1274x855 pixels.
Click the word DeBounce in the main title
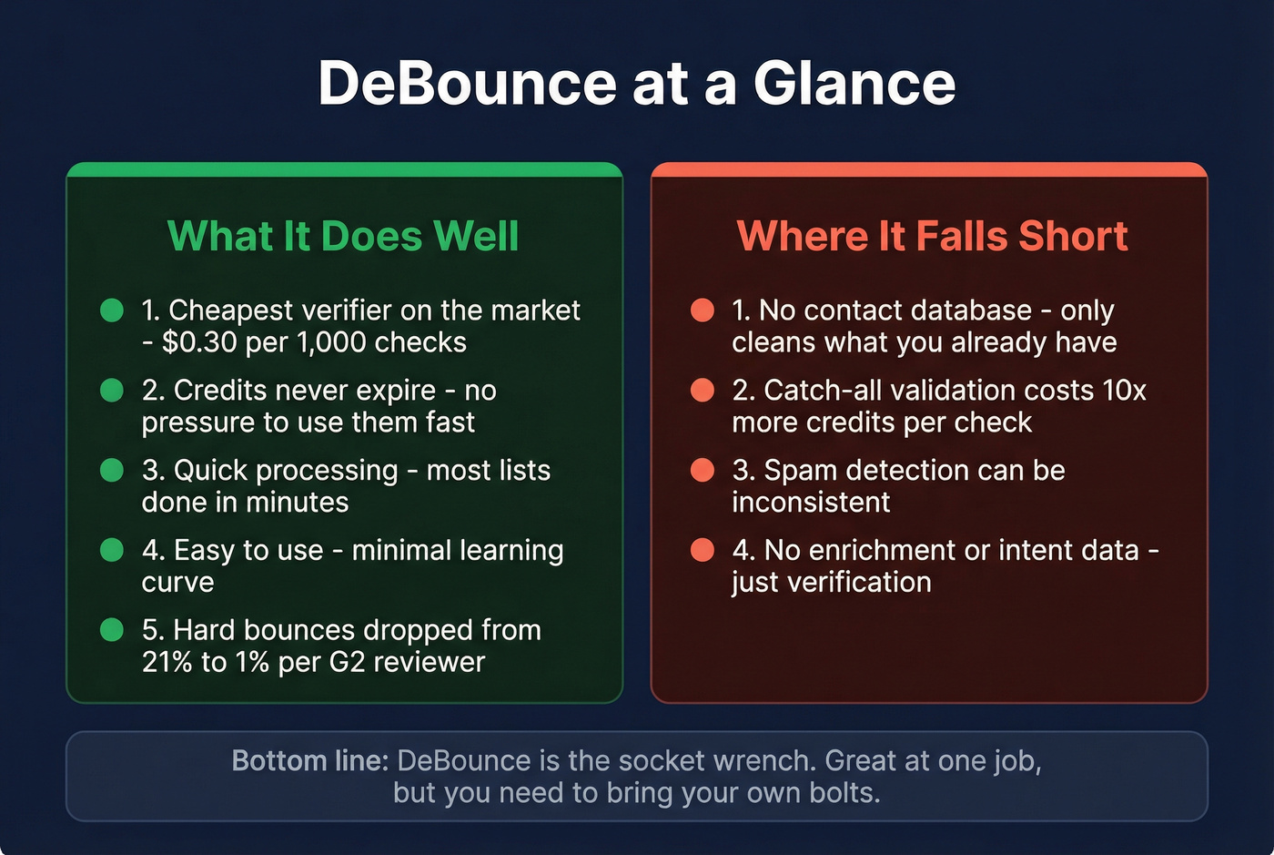click(467, 84)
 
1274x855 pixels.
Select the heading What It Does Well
click(343, 236)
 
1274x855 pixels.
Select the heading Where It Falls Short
click(932, 236)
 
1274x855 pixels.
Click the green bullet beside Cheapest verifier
click(112, 310)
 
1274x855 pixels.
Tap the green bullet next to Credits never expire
click(112, 391)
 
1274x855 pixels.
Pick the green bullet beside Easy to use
click(112, 551)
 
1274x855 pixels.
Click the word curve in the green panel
click(177, 583)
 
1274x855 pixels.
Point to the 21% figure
click(167, 662)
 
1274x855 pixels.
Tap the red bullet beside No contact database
click(703, 310)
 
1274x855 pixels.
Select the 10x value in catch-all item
click(1124, 391)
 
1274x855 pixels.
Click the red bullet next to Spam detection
click(703, 471)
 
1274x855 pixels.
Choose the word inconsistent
click(811, 503)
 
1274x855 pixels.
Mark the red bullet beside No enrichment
click(703, 551)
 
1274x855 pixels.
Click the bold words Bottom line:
click(310, 760)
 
